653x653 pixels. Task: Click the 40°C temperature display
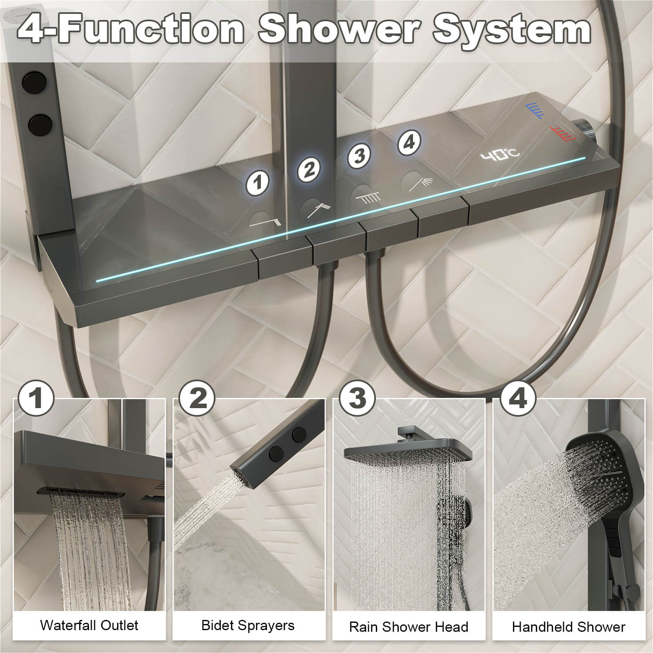point(500,155)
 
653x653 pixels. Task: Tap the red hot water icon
point(562,133)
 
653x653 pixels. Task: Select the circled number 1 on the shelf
point(257,183)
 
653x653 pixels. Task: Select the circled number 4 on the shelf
point(409,142)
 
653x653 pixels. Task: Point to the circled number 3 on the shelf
point(359,155)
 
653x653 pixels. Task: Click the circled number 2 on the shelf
point(309,169)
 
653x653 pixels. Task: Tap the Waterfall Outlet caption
point(89,625)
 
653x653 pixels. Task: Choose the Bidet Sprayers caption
point(248,625)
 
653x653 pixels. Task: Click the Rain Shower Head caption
point(409,627)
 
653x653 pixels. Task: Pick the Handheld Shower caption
point(569,627)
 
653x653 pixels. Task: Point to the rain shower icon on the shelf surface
point(369,198)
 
